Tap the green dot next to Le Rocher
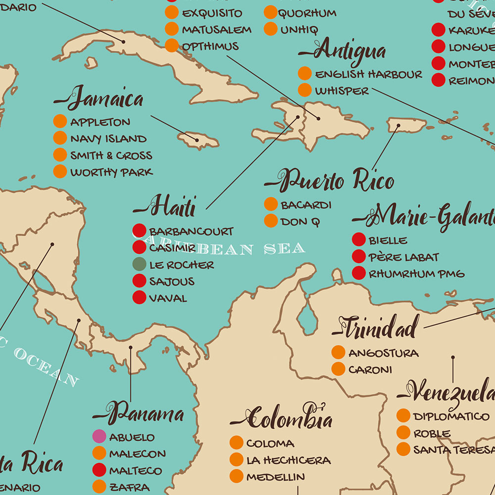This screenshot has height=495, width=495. coord(140,264)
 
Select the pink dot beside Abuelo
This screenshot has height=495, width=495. coord(99,437)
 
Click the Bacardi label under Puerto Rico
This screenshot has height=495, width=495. coord(306,204)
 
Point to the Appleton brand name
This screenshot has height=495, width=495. coord(100,122)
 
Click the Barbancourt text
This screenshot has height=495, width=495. coord(191,231)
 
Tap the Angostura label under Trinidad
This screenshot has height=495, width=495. coord(383,353)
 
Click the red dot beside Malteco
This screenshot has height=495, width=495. coord(99,470)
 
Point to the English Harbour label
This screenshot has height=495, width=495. coord(369,74)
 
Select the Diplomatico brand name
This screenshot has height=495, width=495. coord(451,416)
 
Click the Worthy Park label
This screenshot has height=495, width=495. coord(111,172)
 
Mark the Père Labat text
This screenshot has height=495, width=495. coord(403,257)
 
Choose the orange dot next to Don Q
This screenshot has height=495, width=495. coord(271,221)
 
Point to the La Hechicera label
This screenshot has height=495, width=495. coord(288,460)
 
